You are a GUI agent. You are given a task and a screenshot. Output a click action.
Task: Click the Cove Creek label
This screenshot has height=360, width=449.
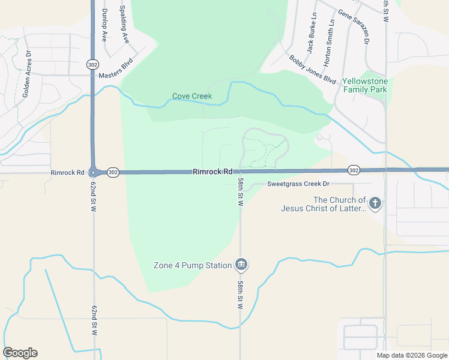192,96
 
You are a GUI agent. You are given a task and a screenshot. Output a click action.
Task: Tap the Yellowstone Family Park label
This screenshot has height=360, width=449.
365,85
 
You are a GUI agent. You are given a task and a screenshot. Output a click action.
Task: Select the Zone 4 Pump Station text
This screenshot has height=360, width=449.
192,265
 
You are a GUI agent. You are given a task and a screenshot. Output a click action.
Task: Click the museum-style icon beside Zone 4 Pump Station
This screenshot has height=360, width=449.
241,264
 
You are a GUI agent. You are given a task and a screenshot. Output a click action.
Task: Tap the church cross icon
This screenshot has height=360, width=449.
375,203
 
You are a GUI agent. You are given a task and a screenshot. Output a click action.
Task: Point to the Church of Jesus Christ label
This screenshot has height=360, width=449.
323,204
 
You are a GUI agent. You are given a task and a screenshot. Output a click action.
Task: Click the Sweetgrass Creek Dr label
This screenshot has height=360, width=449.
299,184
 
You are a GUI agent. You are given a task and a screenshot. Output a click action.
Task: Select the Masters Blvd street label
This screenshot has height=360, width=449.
115,75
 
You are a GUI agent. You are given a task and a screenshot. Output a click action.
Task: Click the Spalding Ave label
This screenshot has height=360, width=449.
124,25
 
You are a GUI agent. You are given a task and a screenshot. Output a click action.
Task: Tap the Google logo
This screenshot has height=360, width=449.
20,353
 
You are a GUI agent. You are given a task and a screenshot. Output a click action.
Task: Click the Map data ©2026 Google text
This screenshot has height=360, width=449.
412,355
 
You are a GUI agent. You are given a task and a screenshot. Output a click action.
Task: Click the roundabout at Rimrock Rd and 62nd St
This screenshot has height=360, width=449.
93,172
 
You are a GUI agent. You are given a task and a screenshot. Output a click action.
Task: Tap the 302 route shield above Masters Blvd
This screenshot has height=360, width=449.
92,64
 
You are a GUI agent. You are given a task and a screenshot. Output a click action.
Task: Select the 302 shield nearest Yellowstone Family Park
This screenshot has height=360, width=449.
354,170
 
